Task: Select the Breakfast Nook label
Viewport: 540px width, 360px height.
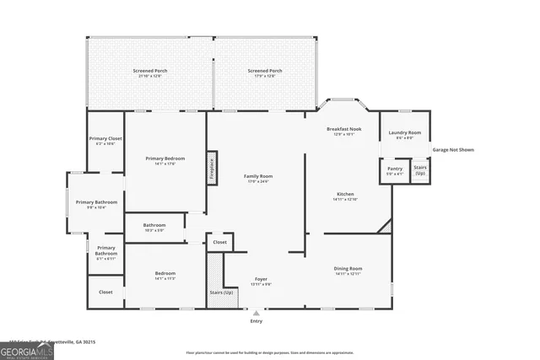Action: click(343, 131)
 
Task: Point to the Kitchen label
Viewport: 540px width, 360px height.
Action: click(345, 196)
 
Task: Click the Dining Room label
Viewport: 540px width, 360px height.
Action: click(348, 271)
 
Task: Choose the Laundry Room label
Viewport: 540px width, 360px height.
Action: click(404, 135)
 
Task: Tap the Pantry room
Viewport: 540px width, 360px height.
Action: click(395, 171)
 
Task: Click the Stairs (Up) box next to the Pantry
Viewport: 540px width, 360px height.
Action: click(420, 171)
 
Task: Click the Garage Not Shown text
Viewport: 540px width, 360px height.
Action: click(453, 150)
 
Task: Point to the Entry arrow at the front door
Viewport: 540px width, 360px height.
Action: click(256, 314)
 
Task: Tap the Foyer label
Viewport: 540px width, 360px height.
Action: click(262, 281)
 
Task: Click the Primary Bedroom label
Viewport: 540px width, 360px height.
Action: click(165, 160)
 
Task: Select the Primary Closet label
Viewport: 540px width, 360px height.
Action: click(105, 140)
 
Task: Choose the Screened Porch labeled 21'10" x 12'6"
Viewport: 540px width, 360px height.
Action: click(149, 73)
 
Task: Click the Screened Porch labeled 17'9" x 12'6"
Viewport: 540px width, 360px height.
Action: click(264, 73)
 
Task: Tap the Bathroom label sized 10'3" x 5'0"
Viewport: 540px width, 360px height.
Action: click(154, 227)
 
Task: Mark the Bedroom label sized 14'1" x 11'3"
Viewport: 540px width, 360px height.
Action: click(165, 276)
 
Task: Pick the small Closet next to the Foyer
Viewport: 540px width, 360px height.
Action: click(219, 242)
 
